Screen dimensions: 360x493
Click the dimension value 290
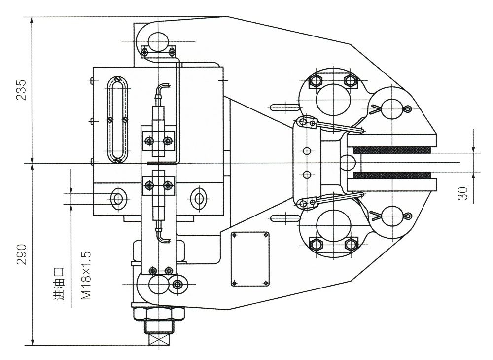click(21, 254)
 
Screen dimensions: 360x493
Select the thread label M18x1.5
click(86, 275)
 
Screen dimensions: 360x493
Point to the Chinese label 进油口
click(59, 284)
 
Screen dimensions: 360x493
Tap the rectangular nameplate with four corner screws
click(250, 258)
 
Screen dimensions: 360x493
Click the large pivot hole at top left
click(158, 42)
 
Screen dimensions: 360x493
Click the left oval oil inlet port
click(117, 199)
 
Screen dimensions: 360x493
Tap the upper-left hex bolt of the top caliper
click(315, 80)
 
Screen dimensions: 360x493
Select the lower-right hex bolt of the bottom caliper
click(351, 244)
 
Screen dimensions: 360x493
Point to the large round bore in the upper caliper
click(332, 98)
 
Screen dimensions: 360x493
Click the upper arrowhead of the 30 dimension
click(474, 150)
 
